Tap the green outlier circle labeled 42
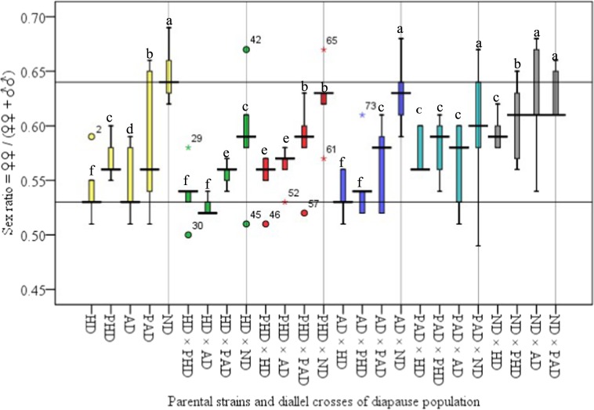coord(246,49)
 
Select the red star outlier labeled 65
coord(323,49)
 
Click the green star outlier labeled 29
coord(188,147)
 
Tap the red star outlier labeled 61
coord(323,158)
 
